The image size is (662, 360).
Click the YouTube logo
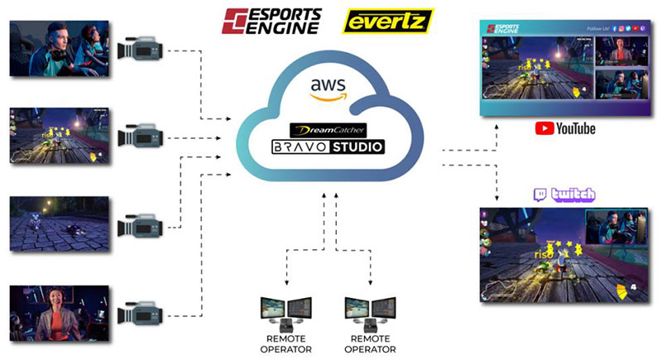pyautogui.click(x=564, y=128)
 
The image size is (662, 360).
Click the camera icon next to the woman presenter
pyautogui.click(x=137, y=313)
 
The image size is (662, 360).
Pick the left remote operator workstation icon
pyautogui.click(x=285, y=316)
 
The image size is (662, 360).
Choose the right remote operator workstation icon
pyautogui.click(x=370, y=316)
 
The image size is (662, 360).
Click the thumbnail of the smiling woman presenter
pyautogui.click(x=58, y=313)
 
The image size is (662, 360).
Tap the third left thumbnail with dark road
pyautogui.click(x=58, y=223)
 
